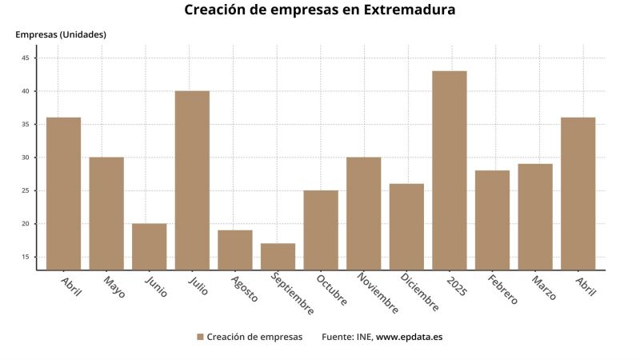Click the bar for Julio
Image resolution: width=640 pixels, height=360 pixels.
[192, 180]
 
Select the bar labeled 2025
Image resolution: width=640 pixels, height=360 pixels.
[450, 170]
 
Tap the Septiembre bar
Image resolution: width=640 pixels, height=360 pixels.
[278, 256]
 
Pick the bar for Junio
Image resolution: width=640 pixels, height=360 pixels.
[150, 246]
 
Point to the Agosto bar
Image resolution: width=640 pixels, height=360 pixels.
[235, 250]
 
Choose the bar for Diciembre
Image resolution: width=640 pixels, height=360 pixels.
[406, 226]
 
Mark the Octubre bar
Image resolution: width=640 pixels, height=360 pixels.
[321, 230]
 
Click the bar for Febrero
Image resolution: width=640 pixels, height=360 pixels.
[492, 220]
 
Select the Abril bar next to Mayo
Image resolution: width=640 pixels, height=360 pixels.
[63, 194]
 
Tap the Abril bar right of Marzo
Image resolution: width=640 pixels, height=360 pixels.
[578, 194]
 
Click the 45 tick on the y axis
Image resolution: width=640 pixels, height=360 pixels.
[25, 58]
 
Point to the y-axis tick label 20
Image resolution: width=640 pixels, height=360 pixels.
[25, 224]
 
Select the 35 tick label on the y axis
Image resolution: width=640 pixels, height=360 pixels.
[25, 125]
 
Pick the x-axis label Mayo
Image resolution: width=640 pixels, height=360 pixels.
[114, 287]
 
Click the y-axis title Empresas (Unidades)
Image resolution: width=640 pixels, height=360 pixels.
[61, 34]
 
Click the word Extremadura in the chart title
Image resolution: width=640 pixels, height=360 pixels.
[410, 10]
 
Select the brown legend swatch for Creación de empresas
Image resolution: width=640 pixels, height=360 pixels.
[200, 337]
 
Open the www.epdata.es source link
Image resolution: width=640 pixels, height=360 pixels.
[409, 337]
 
